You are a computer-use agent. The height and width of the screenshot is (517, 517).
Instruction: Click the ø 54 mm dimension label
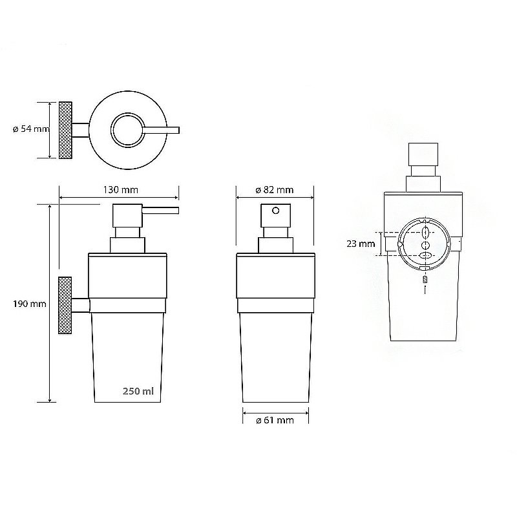tap(30, 129)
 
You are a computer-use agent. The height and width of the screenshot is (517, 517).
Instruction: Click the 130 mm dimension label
tap(120, 190)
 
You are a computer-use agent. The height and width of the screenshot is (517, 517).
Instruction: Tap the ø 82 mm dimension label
tap(274, 190)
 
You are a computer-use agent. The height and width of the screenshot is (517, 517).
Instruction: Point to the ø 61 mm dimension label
tap(275, 421)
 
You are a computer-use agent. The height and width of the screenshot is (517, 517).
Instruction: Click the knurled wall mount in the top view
tap(65, 130)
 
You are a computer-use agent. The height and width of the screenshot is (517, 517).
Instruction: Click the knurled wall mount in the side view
tap(65, 306)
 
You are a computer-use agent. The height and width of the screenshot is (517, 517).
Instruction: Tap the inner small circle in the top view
tap(127, 130)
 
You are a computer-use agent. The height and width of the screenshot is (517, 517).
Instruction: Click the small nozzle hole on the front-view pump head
tap(276, 211)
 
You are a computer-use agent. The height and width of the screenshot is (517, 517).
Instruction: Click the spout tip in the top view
tap(177, 130)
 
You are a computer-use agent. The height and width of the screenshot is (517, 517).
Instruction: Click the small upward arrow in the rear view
tap(425, 291)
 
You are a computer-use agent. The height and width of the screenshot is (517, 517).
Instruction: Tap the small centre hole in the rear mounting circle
tap(425, 246)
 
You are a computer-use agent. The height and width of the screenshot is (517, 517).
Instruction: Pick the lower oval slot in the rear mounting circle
tap(425, 257)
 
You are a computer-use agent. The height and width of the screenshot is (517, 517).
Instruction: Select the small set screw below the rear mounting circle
tap(425, 280)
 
